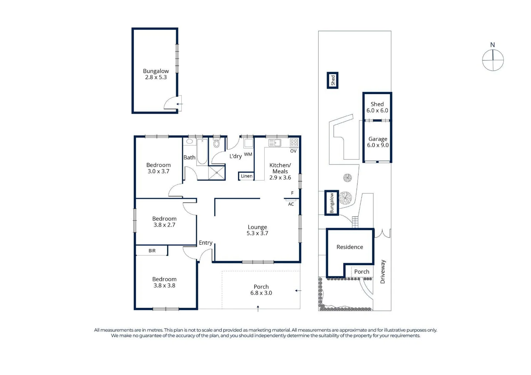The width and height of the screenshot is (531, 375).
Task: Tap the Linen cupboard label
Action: [247, 176]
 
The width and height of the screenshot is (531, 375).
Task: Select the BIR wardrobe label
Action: [152, 251]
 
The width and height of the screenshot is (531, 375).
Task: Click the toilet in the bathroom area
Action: [216, 143]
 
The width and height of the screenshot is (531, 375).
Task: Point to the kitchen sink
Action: [274, 143]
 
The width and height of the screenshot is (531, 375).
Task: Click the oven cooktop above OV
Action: [293, 142]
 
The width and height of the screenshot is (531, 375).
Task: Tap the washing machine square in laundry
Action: [248, 143]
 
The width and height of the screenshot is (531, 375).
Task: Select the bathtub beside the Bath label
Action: [202, 151]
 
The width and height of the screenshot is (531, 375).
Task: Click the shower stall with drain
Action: [217, 172]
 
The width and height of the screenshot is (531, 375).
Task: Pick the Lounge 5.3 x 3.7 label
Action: [257, 230]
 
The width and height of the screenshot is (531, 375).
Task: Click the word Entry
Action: [206, 243]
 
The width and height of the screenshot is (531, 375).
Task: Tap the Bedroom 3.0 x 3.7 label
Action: [158, 168]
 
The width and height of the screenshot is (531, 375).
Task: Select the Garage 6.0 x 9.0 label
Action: [377, 142]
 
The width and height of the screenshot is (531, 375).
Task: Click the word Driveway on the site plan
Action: [383, 272]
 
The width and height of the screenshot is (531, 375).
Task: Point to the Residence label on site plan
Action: [350, 247]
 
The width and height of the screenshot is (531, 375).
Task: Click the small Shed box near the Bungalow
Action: [332, 80]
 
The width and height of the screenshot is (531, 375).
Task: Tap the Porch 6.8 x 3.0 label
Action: [261, 290]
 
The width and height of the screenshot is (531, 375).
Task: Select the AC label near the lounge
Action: [291, 204]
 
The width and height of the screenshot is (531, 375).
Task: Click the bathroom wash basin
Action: [190, 142]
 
